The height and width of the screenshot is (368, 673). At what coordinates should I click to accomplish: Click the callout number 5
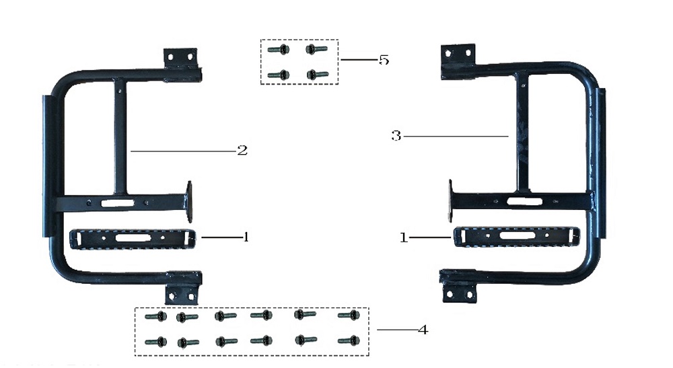click(384, 60)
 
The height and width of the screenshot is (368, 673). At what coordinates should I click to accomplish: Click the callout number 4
click(422, 330)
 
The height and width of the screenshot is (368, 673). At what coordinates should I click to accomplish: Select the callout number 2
click(242, 151)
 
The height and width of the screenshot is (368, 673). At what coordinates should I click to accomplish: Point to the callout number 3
click(396, 136)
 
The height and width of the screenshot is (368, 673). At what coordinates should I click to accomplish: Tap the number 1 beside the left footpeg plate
click(246, 237)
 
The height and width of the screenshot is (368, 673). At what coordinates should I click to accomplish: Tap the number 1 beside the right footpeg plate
click(404, 237)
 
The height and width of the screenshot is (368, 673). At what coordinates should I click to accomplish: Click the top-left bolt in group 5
click(278, 49)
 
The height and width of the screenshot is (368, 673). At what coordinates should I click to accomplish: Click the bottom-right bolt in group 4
click(348, 340)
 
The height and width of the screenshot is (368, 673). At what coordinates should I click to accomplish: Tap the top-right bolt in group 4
click(348, 315)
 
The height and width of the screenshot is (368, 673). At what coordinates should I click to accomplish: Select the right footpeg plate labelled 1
click(517, 237)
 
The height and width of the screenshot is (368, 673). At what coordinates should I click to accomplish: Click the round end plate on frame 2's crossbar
click(189, 201)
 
